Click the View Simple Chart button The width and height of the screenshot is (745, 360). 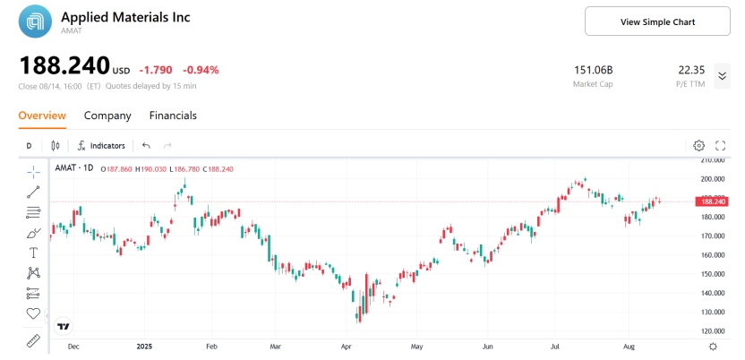657,21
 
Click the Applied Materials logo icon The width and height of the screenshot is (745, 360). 37,21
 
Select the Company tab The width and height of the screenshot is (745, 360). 107,116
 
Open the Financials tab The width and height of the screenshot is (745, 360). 173,116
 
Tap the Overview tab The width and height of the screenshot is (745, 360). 42,116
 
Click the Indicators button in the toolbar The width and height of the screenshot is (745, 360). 101,145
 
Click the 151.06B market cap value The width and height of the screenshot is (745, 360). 592,70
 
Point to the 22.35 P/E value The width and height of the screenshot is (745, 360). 691,70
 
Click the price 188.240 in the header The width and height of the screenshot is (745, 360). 64,66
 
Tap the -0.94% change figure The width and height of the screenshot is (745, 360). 201,70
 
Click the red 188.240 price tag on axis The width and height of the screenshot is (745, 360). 713,201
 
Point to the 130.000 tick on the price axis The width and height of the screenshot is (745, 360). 713,312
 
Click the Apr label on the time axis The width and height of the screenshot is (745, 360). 346,345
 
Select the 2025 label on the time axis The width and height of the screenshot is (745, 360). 146,345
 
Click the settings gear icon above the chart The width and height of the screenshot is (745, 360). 699,145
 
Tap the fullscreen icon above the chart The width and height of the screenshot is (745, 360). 720,145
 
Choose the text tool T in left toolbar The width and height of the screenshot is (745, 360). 33,253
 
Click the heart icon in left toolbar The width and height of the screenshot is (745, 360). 33,313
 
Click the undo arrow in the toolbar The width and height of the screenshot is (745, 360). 146,145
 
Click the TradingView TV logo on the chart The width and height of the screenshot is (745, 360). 64,326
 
